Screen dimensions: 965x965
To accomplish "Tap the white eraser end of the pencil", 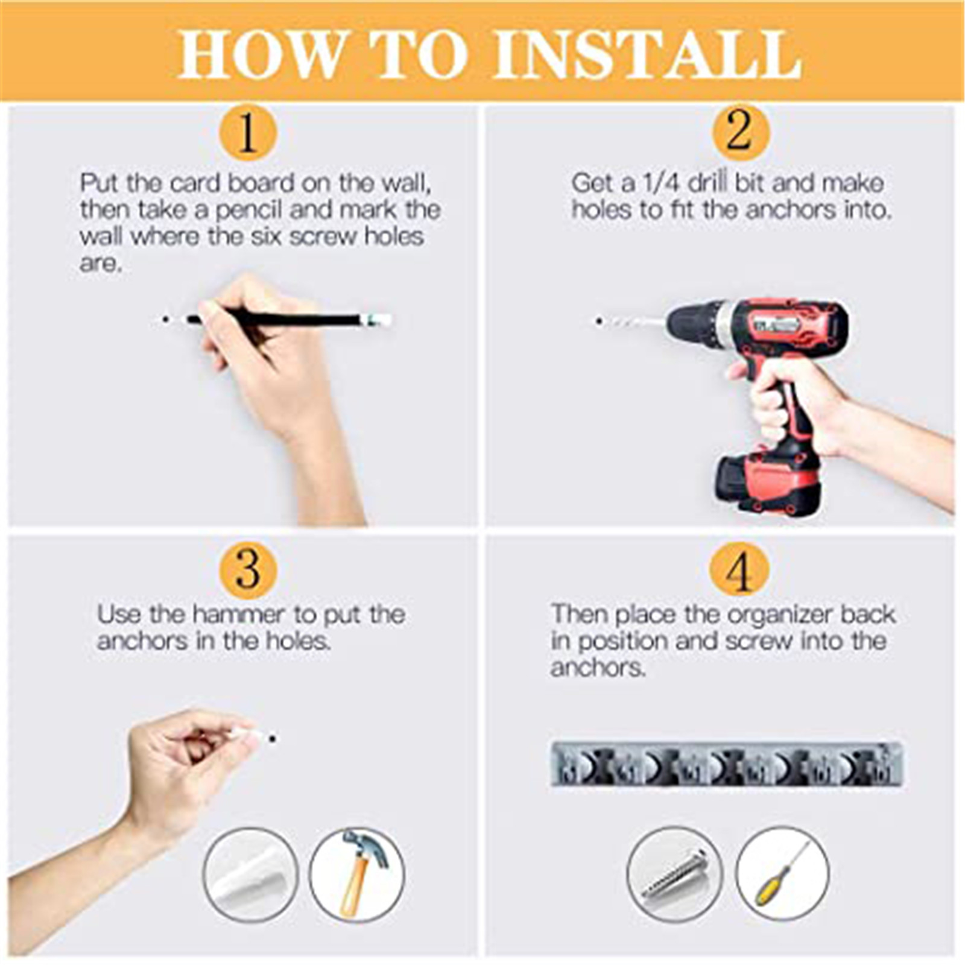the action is tap(378, 319).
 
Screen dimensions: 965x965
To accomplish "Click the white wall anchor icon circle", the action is tap(251, 875).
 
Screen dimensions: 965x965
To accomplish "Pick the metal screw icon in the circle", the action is tap(674, 875).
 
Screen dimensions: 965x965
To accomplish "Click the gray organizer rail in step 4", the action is tap(727, 764).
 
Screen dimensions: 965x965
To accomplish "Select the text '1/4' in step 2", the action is tap(662, 183).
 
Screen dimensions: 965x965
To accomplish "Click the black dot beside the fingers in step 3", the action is tap(273, 738).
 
